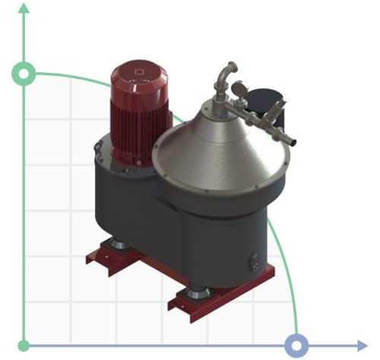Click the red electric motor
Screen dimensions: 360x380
(x=140, y=114)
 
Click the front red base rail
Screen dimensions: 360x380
(x=220, y=300)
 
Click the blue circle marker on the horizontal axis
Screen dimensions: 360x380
(x=296, y=346)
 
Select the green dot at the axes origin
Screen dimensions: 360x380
(x=24, y=346)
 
